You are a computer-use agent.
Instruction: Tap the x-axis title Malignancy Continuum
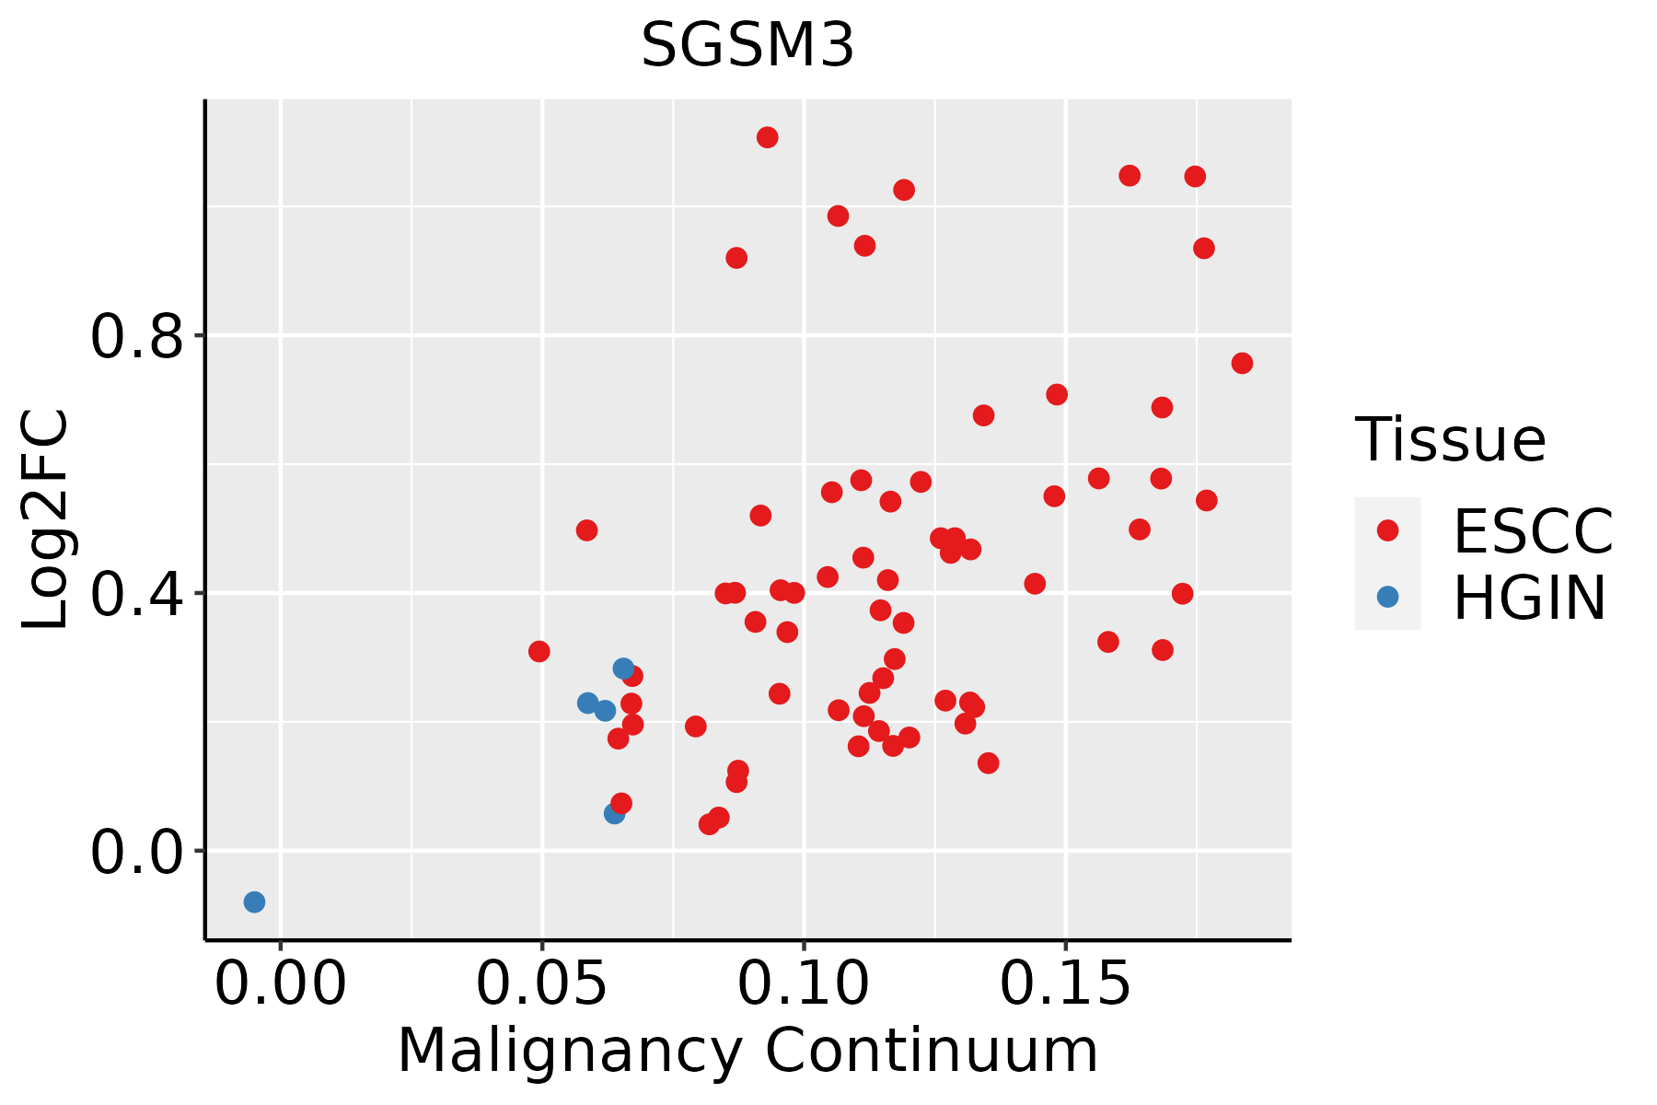(x=747, y=1052)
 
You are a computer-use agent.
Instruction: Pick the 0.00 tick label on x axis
(x=281, y=985)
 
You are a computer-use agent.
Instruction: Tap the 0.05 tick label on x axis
(x=542, y=985)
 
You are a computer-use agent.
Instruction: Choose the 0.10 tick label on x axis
(x=804, y=985)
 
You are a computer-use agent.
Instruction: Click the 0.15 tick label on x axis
(x=1065, y=985)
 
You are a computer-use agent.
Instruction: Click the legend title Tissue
(x=1451, y=440)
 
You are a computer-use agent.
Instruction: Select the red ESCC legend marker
(x=1387, y=530)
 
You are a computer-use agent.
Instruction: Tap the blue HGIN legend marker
(x=1387, y=597)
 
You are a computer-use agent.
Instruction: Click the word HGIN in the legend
(x=1530, y=599)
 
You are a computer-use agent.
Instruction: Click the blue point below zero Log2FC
(x=255, y=901)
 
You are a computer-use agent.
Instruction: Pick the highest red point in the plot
(x=767, y=137)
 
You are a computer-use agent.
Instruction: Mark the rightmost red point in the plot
(x=1242, y=363)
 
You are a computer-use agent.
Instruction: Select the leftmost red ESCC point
(x=539, y=651)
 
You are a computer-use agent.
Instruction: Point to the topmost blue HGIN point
(x=623, y=669)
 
